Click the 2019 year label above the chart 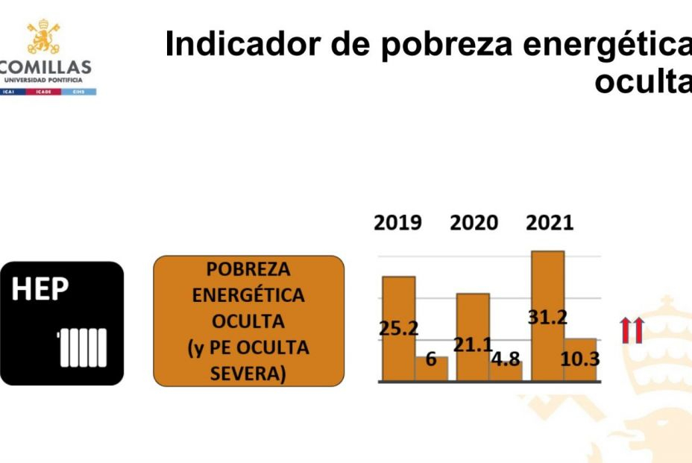398,223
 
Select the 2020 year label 474,223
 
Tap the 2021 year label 550,223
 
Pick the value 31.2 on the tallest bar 547,317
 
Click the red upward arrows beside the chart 632,330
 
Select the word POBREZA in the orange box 248,269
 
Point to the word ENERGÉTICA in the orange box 248,295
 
